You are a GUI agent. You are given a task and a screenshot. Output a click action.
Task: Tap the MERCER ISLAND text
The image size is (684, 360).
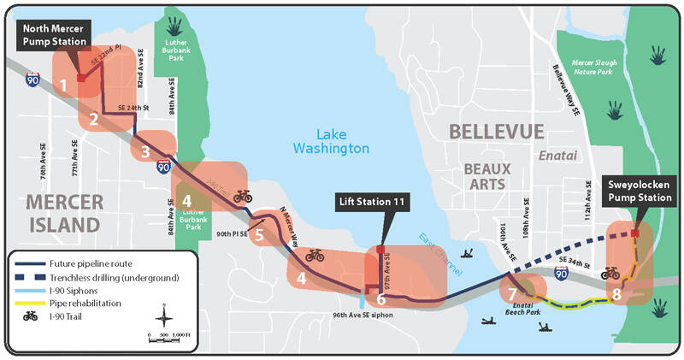(x=53, y=212)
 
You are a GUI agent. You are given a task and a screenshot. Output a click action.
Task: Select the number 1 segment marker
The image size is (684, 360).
(x=64, y=85)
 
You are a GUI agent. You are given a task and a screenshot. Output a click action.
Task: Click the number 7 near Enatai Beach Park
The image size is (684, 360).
(x=512, y=294)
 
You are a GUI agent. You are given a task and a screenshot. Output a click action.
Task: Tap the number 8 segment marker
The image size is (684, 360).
(x=616, y=294)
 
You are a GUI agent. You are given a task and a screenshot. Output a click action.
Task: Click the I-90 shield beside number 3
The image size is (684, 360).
(x=162, y=166)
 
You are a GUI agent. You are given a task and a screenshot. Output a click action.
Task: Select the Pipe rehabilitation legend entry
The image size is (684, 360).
(x=90, y=304)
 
